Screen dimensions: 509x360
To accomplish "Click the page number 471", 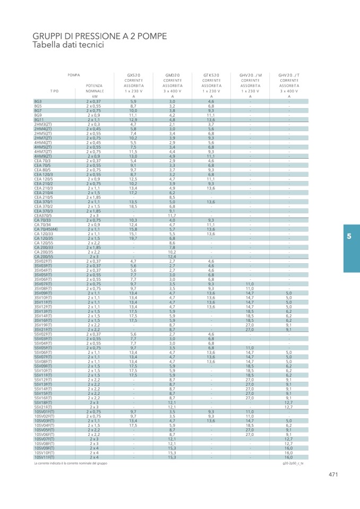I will [333, 475].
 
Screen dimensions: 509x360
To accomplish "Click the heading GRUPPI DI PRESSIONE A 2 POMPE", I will [99, 36].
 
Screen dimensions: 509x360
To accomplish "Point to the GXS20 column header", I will [134, 75].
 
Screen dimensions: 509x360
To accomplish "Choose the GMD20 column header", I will [173, 75].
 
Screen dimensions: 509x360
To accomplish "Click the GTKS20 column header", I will [211, 75].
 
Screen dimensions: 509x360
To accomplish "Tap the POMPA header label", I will [74, 75].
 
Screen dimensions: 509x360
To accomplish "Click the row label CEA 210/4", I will [44, 193].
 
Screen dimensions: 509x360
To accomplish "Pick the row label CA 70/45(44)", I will [46, 229].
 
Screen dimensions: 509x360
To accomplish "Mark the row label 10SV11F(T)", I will [45, 457].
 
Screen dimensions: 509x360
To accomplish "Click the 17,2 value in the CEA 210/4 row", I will [134, 193].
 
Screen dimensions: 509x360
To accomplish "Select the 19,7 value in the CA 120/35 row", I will [134, 238].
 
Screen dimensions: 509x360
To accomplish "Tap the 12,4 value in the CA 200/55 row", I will [172, 256].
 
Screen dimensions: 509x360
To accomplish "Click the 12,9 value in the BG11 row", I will [134, 120].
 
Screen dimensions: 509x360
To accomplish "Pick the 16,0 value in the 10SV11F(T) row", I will [289, 457].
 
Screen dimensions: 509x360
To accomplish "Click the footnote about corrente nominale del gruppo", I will [70, 463].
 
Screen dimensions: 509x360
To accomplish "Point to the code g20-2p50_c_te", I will [293, 463].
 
